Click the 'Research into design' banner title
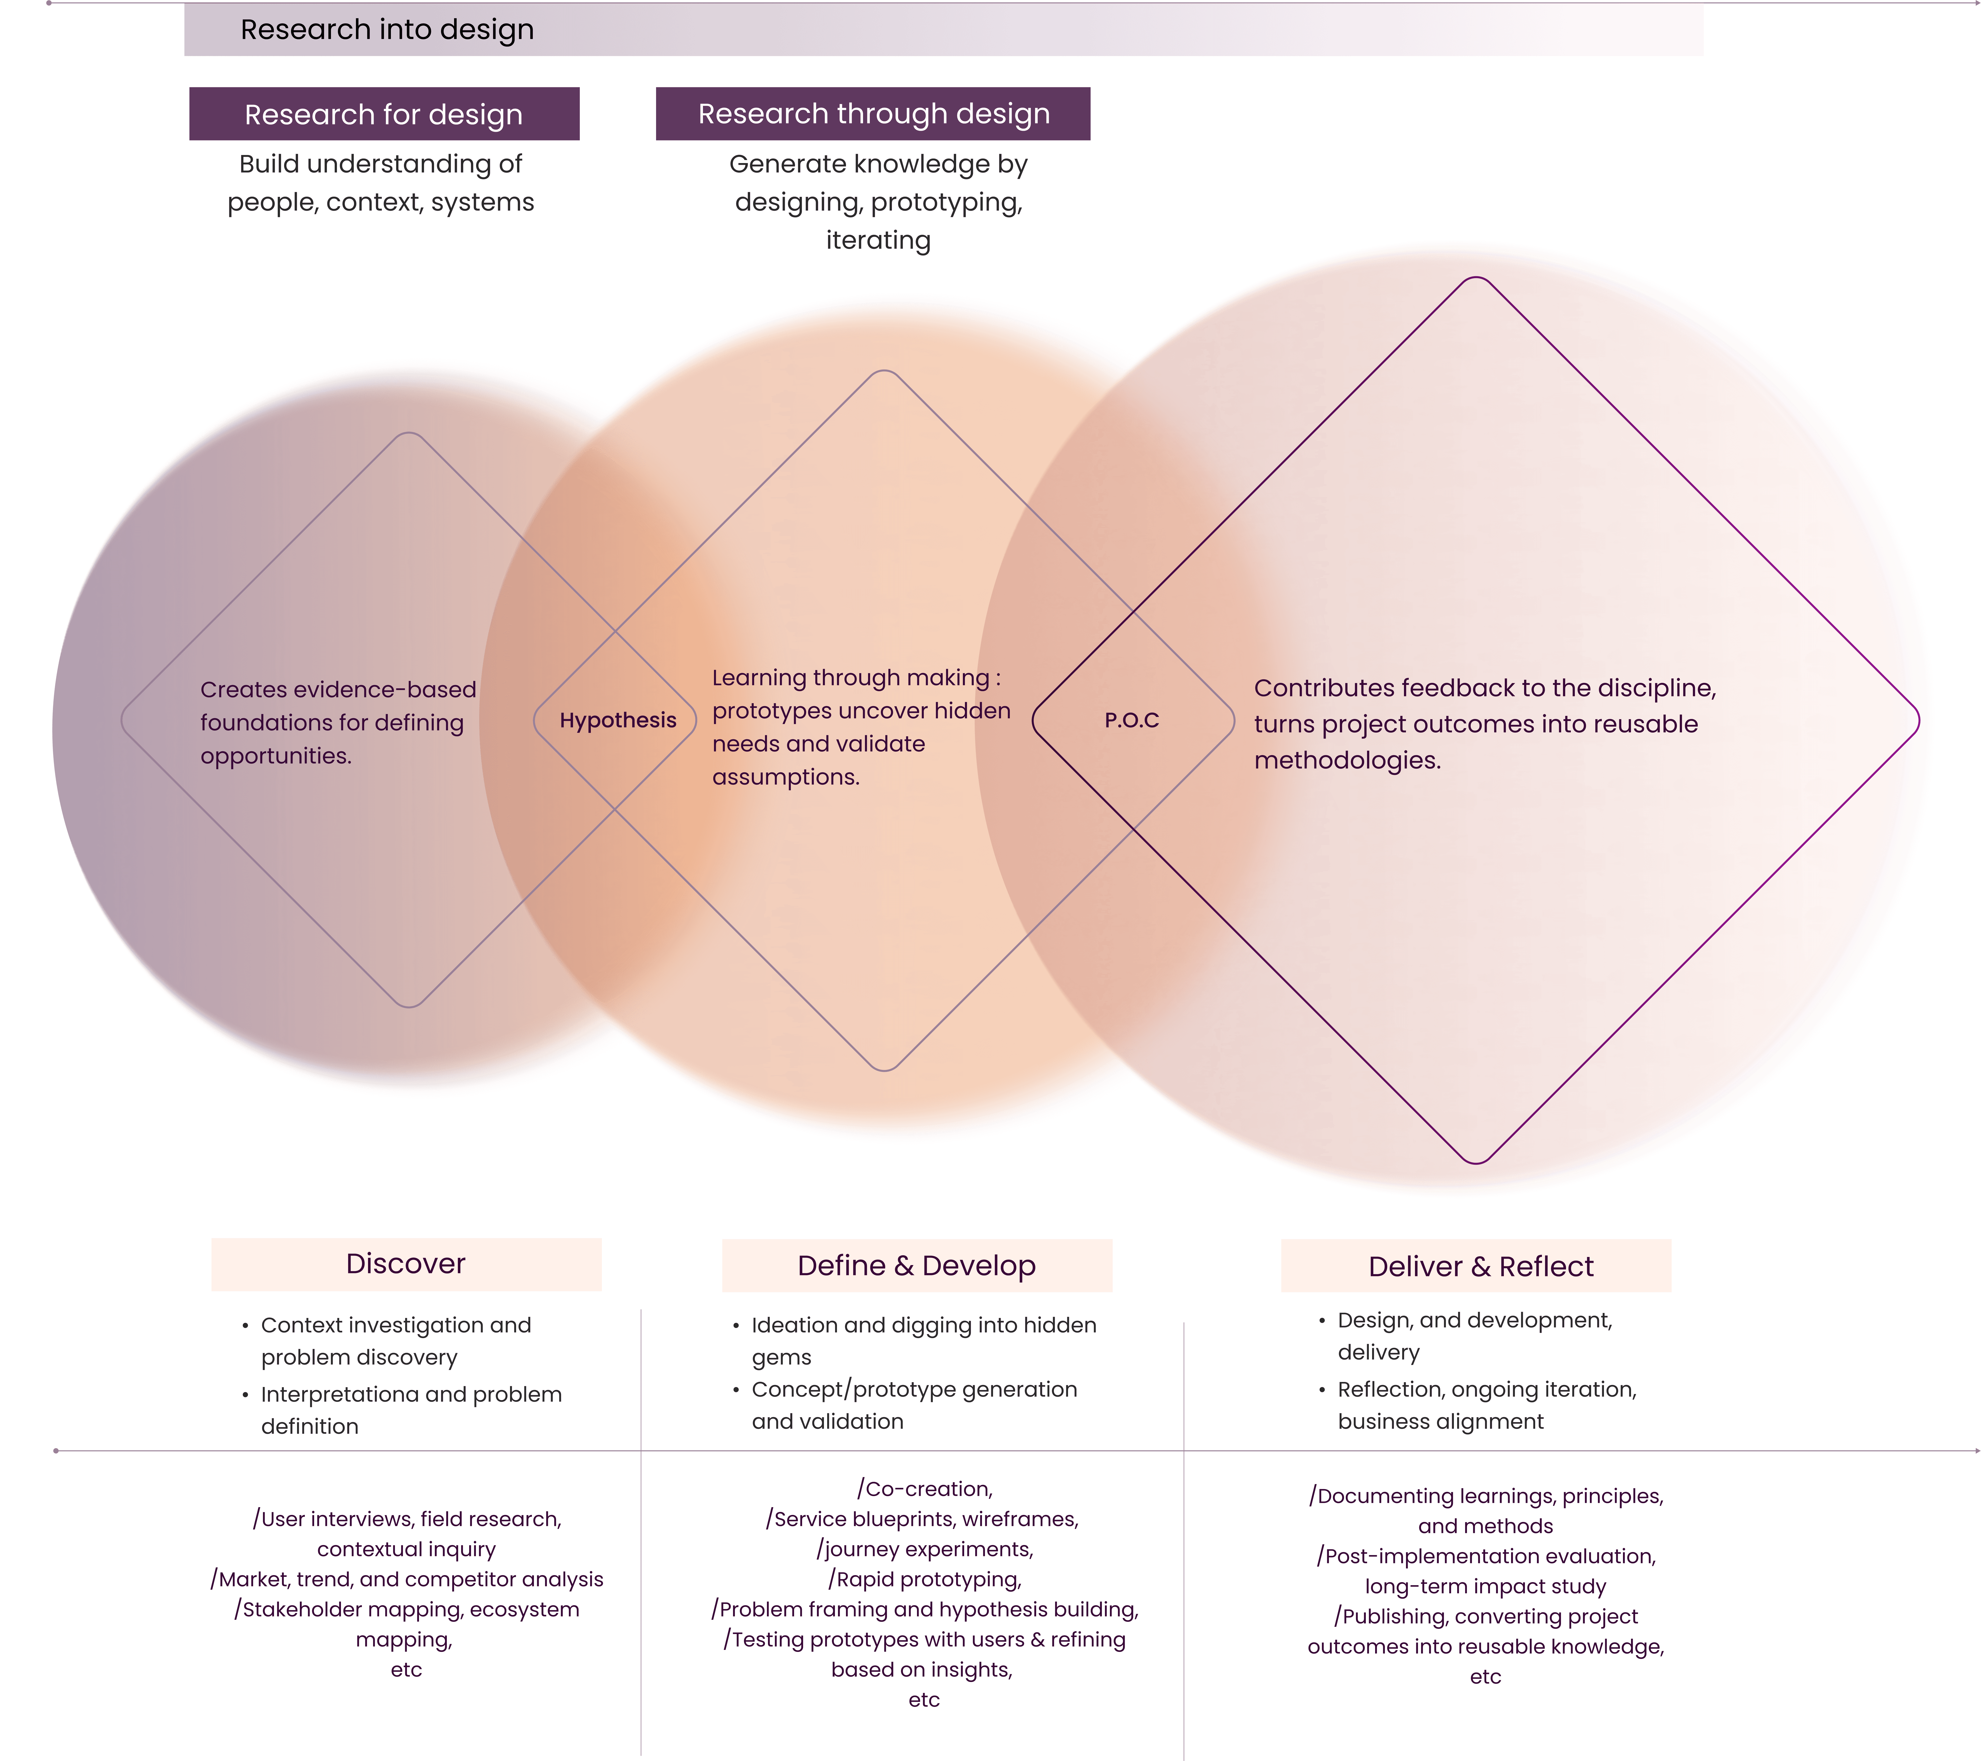387,30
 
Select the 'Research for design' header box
384,114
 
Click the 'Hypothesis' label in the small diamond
617,720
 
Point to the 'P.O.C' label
1131,720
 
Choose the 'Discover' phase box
406,1264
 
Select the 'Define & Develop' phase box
917,1266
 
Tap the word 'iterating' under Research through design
878,240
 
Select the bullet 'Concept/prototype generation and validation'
914,1405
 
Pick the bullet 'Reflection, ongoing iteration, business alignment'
1487,1405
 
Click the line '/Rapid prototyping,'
925,1580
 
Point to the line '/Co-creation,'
925,1489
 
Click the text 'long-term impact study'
1485,1587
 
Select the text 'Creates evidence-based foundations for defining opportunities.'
337,723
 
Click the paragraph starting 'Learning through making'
861,727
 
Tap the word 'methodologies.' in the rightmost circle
1347,761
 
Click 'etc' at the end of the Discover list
406,1670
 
